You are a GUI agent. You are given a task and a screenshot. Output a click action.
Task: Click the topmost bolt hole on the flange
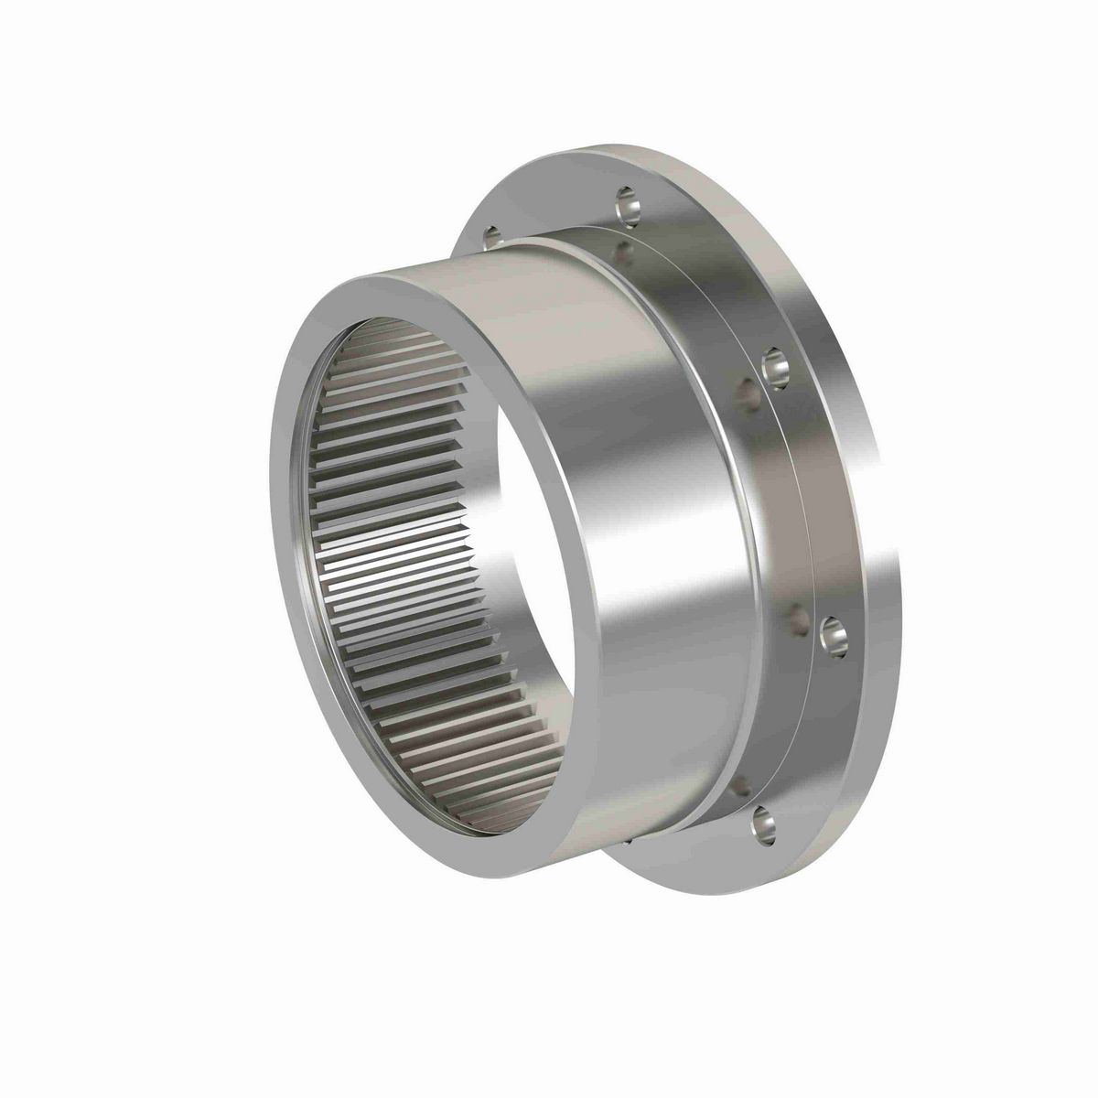630,203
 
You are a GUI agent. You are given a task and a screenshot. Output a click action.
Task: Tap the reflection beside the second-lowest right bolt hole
798,620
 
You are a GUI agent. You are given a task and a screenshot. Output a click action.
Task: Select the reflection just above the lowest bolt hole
739,787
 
